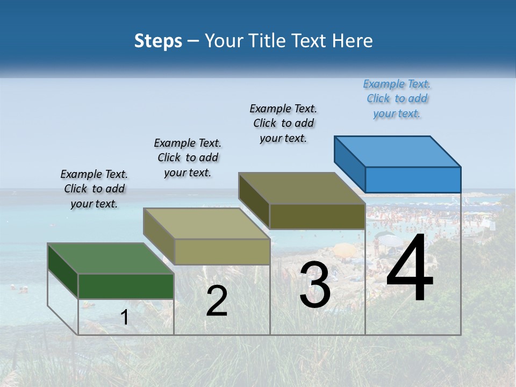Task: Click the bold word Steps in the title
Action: [x=158, y=41]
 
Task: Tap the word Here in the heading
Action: [x=353, y=41]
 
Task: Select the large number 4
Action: [x=410, y=268]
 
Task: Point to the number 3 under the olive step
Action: [x=314, y=285]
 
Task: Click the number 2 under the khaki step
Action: [x=217, y=301]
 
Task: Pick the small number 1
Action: [x=124, y=318]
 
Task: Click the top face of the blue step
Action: [x=398, y=151]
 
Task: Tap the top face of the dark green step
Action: [x=110, y=259]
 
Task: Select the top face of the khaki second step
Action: [x=206, y=224]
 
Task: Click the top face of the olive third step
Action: [x=302, y=188]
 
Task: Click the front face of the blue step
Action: [x=413, y=180]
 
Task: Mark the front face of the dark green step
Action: [x=126, y=286]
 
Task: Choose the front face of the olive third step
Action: [x=317, y=216]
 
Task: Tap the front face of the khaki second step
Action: [x=222, y=252]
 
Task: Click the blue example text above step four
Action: [x=397, y=99]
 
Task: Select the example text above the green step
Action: [x=94, y=189]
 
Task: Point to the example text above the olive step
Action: [x=283, y=123]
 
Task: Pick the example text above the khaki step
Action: [x=188, y=158]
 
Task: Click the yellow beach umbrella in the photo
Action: [x=344, y=249]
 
